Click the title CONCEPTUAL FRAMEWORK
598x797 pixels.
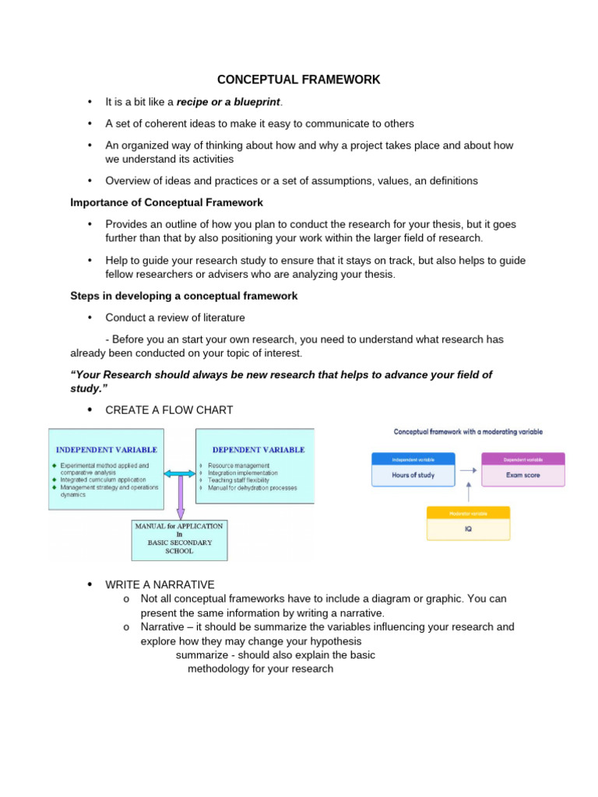(x=298, y=80)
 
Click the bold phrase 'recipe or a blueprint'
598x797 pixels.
(x=229, y=102)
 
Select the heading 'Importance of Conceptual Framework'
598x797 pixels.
(x=167, y=202)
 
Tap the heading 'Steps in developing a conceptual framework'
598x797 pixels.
(x=184, y=296)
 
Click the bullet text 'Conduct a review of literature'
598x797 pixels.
(x=175, y=318)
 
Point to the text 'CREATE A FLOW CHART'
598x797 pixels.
(x=169, y=410)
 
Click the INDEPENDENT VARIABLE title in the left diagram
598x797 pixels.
(x=106, y=450)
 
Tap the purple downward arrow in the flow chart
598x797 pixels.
(x=181, y=498)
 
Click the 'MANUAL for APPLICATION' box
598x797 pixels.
(x=179, y=539)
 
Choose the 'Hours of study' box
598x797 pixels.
(x=413, y=475)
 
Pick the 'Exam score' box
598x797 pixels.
(x=522, y=475)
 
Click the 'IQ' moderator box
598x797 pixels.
(x=468, y=528)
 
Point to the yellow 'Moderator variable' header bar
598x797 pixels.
(x=468, y=513)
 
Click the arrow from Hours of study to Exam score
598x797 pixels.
(x=468, y=470)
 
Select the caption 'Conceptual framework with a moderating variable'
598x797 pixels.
(x=468, y=431)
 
